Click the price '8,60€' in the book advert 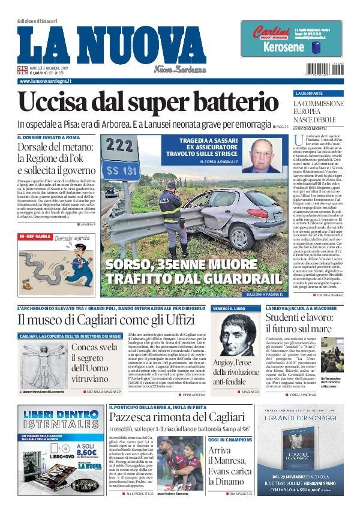point(82,453)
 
